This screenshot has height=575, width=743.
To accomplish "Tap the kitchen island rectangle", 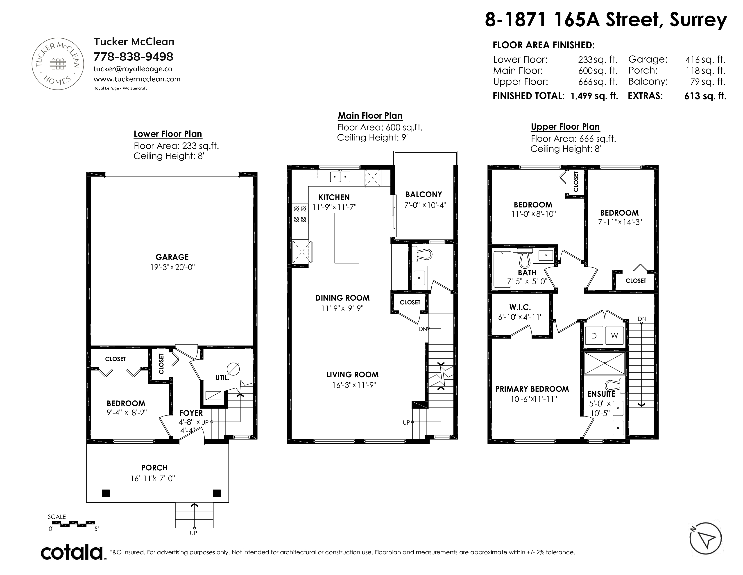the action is coord(347,238).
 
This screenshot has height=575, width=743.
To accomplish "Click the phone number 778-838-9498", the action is coord(133,56).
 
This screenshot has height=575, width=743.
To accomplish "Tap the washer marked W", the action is coord(614,336).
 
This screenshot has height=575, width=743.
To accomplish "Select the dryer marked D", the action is coord(594,336).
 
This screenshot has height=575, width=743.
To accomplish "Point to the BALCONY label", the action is coord(424,195).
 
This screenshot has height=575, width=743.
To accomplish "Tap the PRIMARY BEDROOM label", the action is coord(532,389).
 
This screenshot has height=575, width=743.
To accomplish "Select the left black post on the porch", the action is coord(106,493).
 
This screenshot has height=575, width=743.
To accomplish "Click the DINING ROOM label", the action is coord(342,298).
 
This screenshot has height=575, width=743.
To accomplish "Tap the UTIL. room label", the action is coord(222,378).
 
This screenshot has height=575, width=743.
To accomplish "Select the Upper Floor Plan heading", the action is coord(565,127).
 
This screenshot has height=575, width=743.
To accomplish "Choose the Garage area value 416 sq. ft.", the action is coord(705,60).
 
